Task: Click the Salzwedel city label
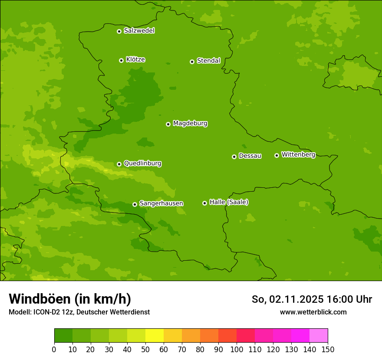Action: tap(139, 31)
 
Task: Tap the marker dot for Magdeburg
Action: tap(168, 124)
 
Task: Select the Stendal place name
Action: tap(208, 61)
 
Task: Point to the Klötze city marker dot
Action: tap(121, 60)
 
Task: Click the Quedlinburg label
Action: tap(142, 164)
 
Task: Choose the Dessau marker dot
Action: tap(234, 157)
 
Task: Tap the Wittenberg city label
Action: tap(298, 154)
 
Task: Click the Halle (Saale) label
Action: tap(229, 202)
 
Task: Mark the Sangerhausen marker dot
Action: tap(135, 204)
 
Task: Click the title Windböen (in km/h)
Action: tap(70, 299)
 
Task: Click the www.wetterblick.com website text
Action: tap(313, 312)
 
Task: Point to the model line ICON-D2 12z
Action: tap(79, 312)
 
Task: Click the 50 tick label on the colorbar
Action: tap(145, 349)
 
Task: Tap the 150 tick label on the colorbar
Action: tap(328, 349)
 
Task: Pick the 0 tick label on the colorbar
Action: tap(54, 349)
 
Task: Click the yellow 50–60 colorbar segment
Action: tap(155, 336)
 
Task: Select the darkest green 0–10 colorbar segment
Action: tap(63, 336)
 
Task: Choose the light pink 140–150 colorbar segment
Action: tap(319, 336)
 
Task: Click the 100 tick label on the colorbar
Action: tap(237, 349)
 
